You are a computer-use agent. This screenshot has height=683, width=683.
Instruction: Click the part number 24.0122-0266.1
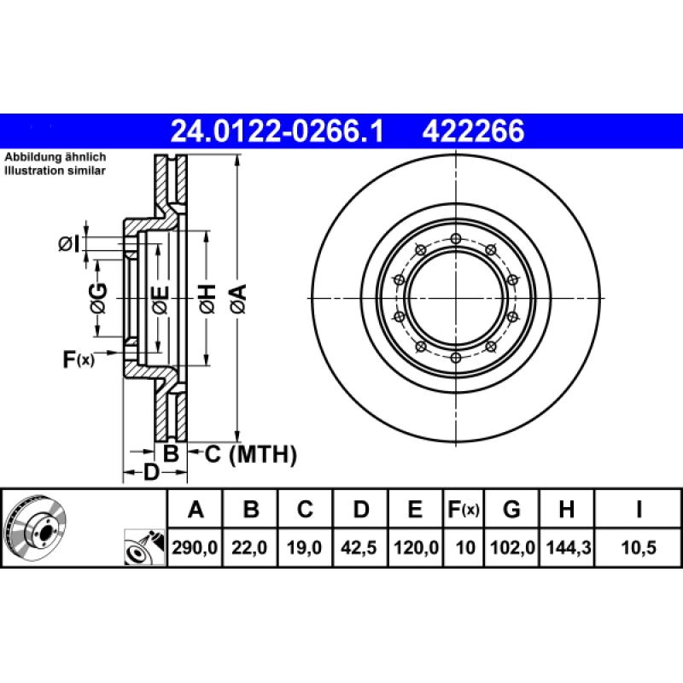(x=277, y=131)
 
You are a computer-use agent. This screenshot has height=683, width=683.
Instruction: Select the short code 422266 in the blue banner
(x=471, y=131)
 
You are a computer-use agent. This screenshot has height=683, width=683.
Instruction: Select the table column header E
(x=415, y=511)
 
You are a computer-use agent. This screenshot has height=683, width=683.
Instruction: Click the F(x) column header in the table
(x=464, y=511)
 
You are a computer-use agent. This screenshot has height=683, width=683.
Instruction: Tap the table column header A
(x=196, y=511)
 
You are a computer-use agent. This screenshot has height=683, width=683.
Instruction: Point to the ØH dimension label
(x=207, y=298)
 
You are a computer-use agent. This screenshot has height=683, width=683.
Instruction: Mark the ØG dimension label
(x=98, y=298)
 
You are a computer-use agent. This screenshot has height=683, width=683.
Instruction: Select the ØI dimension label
(x=69, y=244)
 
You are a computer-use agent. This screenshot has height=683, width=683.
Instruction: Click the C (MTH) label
(x=250, y=454)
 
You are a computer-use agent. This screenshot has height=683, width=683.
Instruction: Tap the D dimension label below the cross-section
(x=150, y=472)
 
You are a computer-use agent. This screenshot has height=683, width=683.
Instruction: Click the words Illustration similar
(x=55, y=171)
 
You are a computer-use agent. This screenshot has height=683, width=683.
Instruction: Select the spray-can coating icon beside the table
(x=141, y=546)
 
